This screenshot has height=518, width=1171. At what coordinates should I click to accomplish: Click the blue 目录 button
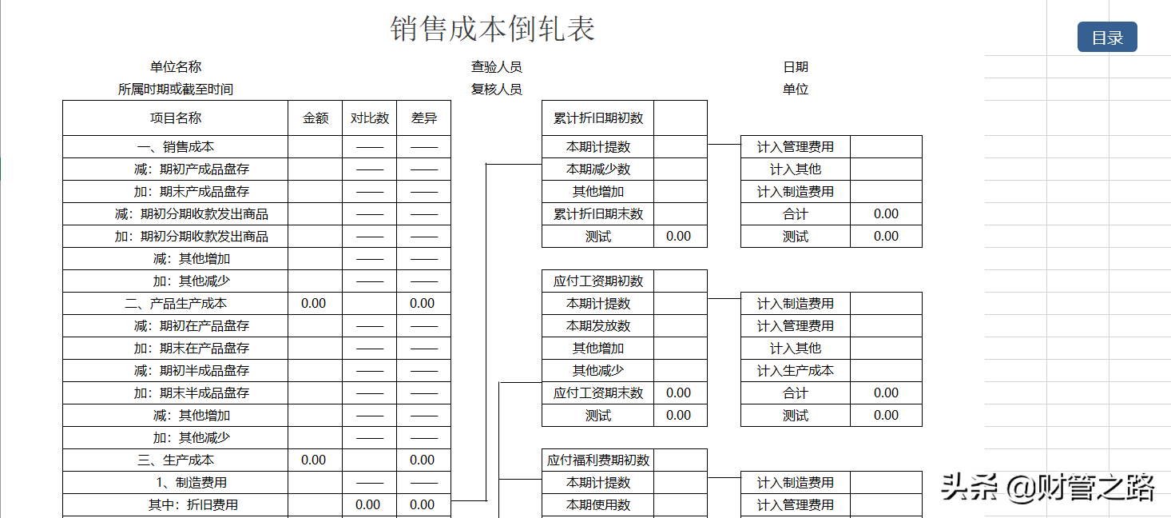(1107, 38)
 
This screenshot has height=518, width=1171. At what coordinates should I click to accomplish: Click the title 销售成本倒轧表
(493, 30)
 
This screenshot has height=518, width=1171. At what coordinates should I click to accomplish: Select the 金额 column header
(316, 118)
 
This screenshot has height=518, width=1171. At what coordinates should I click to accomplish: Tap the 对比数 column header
(370, 118)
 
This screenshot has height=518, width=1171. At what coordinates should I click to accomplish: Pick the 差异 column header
(424, 118)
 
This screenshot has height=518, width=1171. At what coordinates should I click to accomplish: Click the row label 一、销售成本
(176, 147)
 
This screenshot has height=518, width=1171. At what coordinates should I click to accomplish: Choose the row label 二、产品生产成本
(176, 304)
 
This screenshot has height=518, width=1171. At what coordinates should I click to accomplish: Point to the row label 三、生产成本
(176, 460)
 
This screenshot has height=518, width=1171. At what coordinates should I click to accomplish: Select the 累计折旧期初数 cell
(598, 118)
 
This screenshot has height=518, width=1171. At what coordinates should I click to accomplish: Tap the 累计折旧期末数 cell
(598, 214)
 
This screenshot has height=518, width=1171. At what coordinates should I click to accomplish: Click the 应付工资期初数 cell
(598, 281)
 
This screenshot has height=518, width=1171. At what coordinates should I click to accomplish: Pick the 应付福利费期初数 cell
(598, 460)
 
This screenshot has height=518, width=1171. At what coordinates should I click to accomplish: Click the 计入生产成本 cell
(795, 371)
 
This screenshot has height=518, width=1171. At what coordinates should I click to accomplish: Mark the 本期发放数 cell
(598, 326)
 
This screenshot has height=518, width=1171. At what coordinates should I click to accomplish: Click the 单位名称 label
(176, 67)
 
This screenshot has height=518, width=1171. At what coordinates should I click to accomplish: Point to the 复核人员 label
(496, 90)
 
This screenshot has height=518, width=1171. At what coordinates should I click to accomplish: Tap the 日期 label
(796, 67)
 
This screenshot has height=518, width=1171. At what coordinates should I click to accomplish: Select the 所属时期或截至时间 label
(176, 90)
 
